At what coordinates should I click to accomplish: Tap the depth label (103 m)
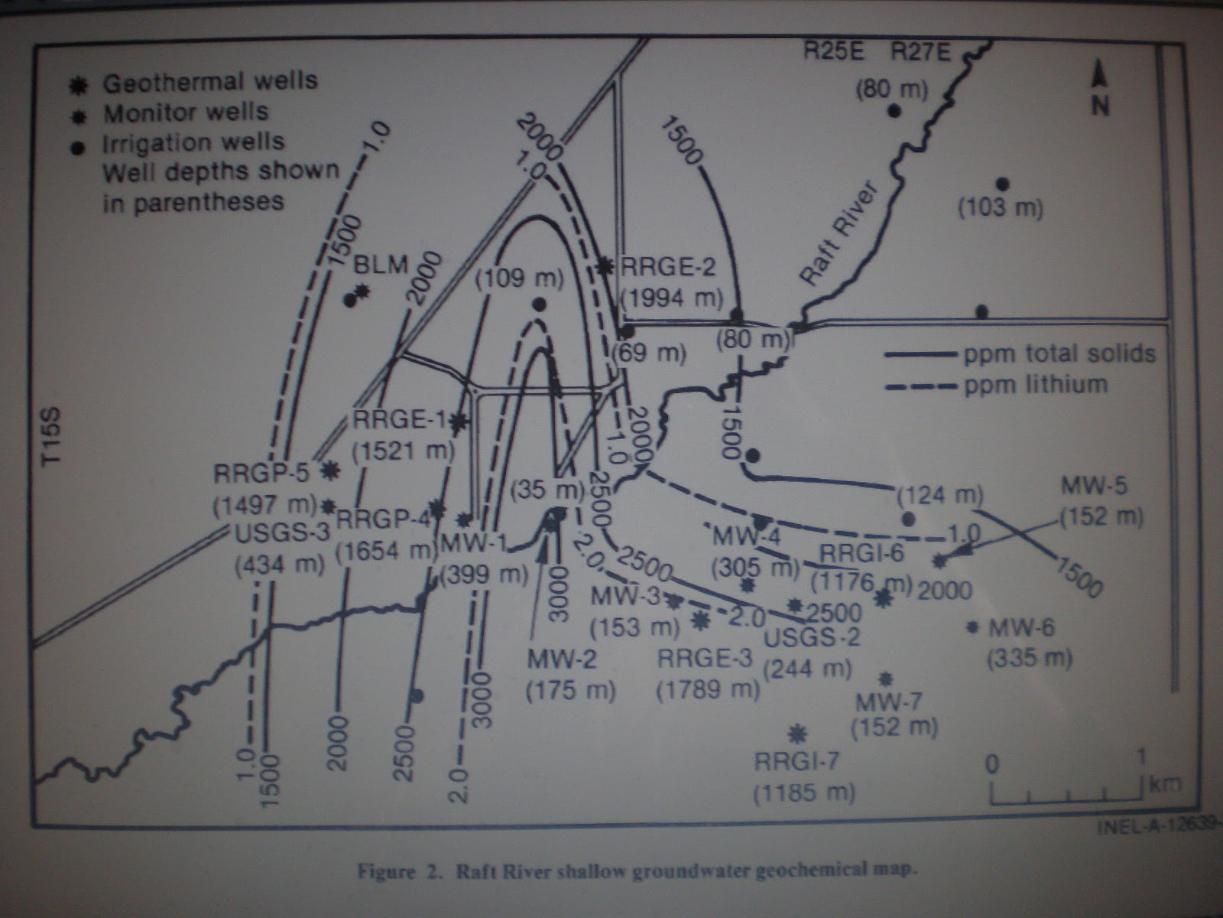(x=1001, y=207)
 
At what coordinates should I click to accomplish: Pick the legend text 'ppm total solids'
(x=1059, y=353)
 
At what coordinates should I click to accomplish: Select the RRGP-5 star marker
(x=330, y=470)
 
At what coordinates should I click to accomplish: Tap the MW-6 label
(x=1021, y=629)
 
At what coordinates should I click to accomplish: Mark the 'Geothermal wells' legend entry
(x=210, y=82)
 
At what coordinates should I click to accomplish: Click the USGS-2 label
(x=812, y=636)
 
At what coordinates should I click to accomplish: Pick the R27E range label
(x=921, y=52)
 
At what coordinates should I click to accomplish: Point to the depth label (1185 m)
(x=804, y=793)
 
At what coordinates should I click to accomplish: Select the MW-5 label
(x=1095, y=485)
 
